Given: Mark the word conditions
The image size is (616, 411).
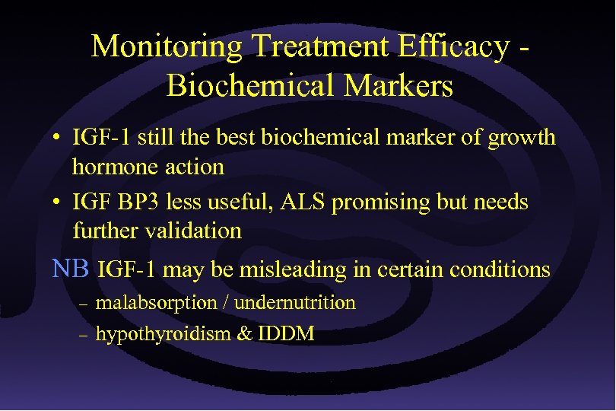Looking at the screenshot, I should point(500,269).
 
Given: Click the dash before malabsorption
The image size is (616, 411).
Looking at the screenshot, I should point(84,304).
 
